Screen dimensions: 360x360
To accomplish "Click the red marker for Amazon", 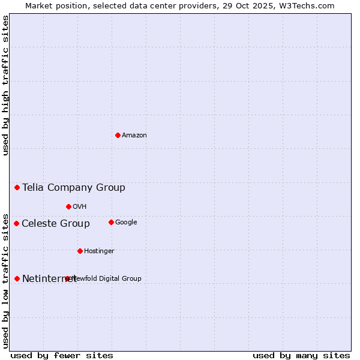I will click(x=118, y=135).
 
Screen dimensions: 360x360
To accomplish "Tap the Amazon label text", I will click(x=134, y=136).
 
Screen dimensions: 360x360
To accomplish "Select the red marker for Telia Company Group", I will click(x=17, y=187).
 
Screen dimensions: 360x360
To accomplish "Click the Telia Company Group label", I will click(x=74, y=188).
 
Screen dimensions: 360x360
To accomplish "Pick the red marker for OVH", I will click(x=68, y=206).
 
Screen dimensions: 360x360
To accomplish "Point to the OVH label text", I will click(x=80, y=207).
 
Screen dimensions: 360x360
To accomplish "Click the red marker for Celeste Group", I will click(x=17, y=223).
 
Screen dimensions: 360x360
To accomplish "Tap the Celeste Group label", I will click(x=56, y=224).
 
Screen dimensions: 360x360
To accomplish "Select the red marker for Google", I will click(x=111, y=222).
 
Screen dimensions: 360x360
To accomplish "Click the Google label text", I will click(x=126, y=223).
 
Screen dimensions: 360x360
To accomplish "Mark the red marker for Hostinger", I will click(x=80, y=251).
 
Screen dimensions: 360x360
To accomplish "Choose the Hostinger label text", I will click(x=99, y=251).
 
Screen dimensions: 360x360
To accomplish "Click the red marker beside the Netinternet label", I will click(x=17, y=278).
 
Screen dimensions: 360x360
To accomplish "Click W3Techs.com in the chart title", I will click(x=310, y=6).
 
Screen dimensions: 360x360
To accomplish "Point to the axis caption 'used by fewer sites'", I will click(x=62, y=355).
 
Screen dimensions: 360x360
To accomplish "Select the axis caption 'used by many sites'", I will click(x=301, y=355).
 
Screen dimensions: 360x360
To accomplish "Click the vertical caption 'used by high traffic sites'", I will click(x=6, y=85).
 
